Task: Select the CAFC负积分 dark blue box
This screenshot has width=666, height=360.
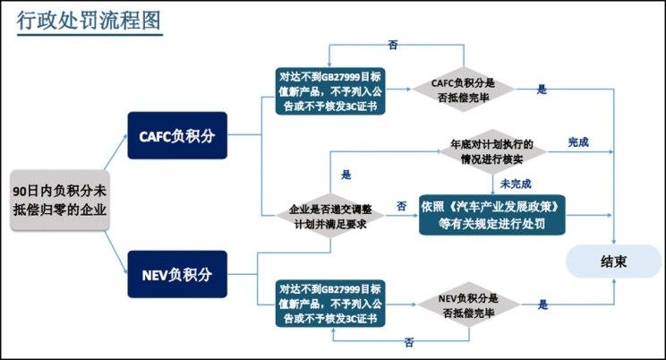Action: pyautogui.click(x=177, y=136)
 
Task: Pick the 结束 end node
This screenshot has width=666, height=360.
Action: pyautogui.click(x=613, y=263)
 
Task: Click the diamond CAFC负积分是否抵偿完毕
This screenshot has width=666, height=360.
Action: pyautogui.click(x=463, y=90)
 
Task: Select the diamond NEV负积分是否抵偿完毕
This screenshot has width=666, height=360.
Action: pyautogui.click(x=467, y=304)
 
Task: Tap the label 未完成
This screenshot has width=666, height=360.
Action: pyautogui.click(x=516, y=183)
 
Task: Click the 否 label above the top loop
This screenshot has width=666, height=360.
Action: pyautogui.click(x=394, y=44)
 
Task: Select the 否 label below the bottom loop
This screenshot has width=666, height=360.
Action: pyautogui.click(x=408, y=343)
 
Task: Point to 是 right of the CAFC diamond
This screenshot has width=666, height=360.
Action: pyautogui.click(x=542, y=90)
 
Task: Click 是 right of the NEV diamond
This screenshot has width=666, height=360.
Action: pyautogui.click(x=542, y=304)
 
